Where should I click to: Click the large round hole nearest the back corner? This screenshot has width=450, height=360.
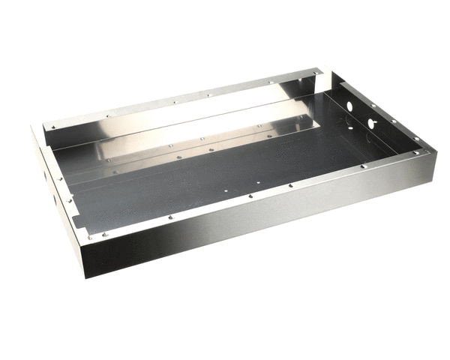pyautogui.click(x=349, y=106)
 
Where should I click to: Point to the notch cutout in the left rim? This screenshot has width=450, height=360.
pyautogui.click(x=75, y=219)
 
